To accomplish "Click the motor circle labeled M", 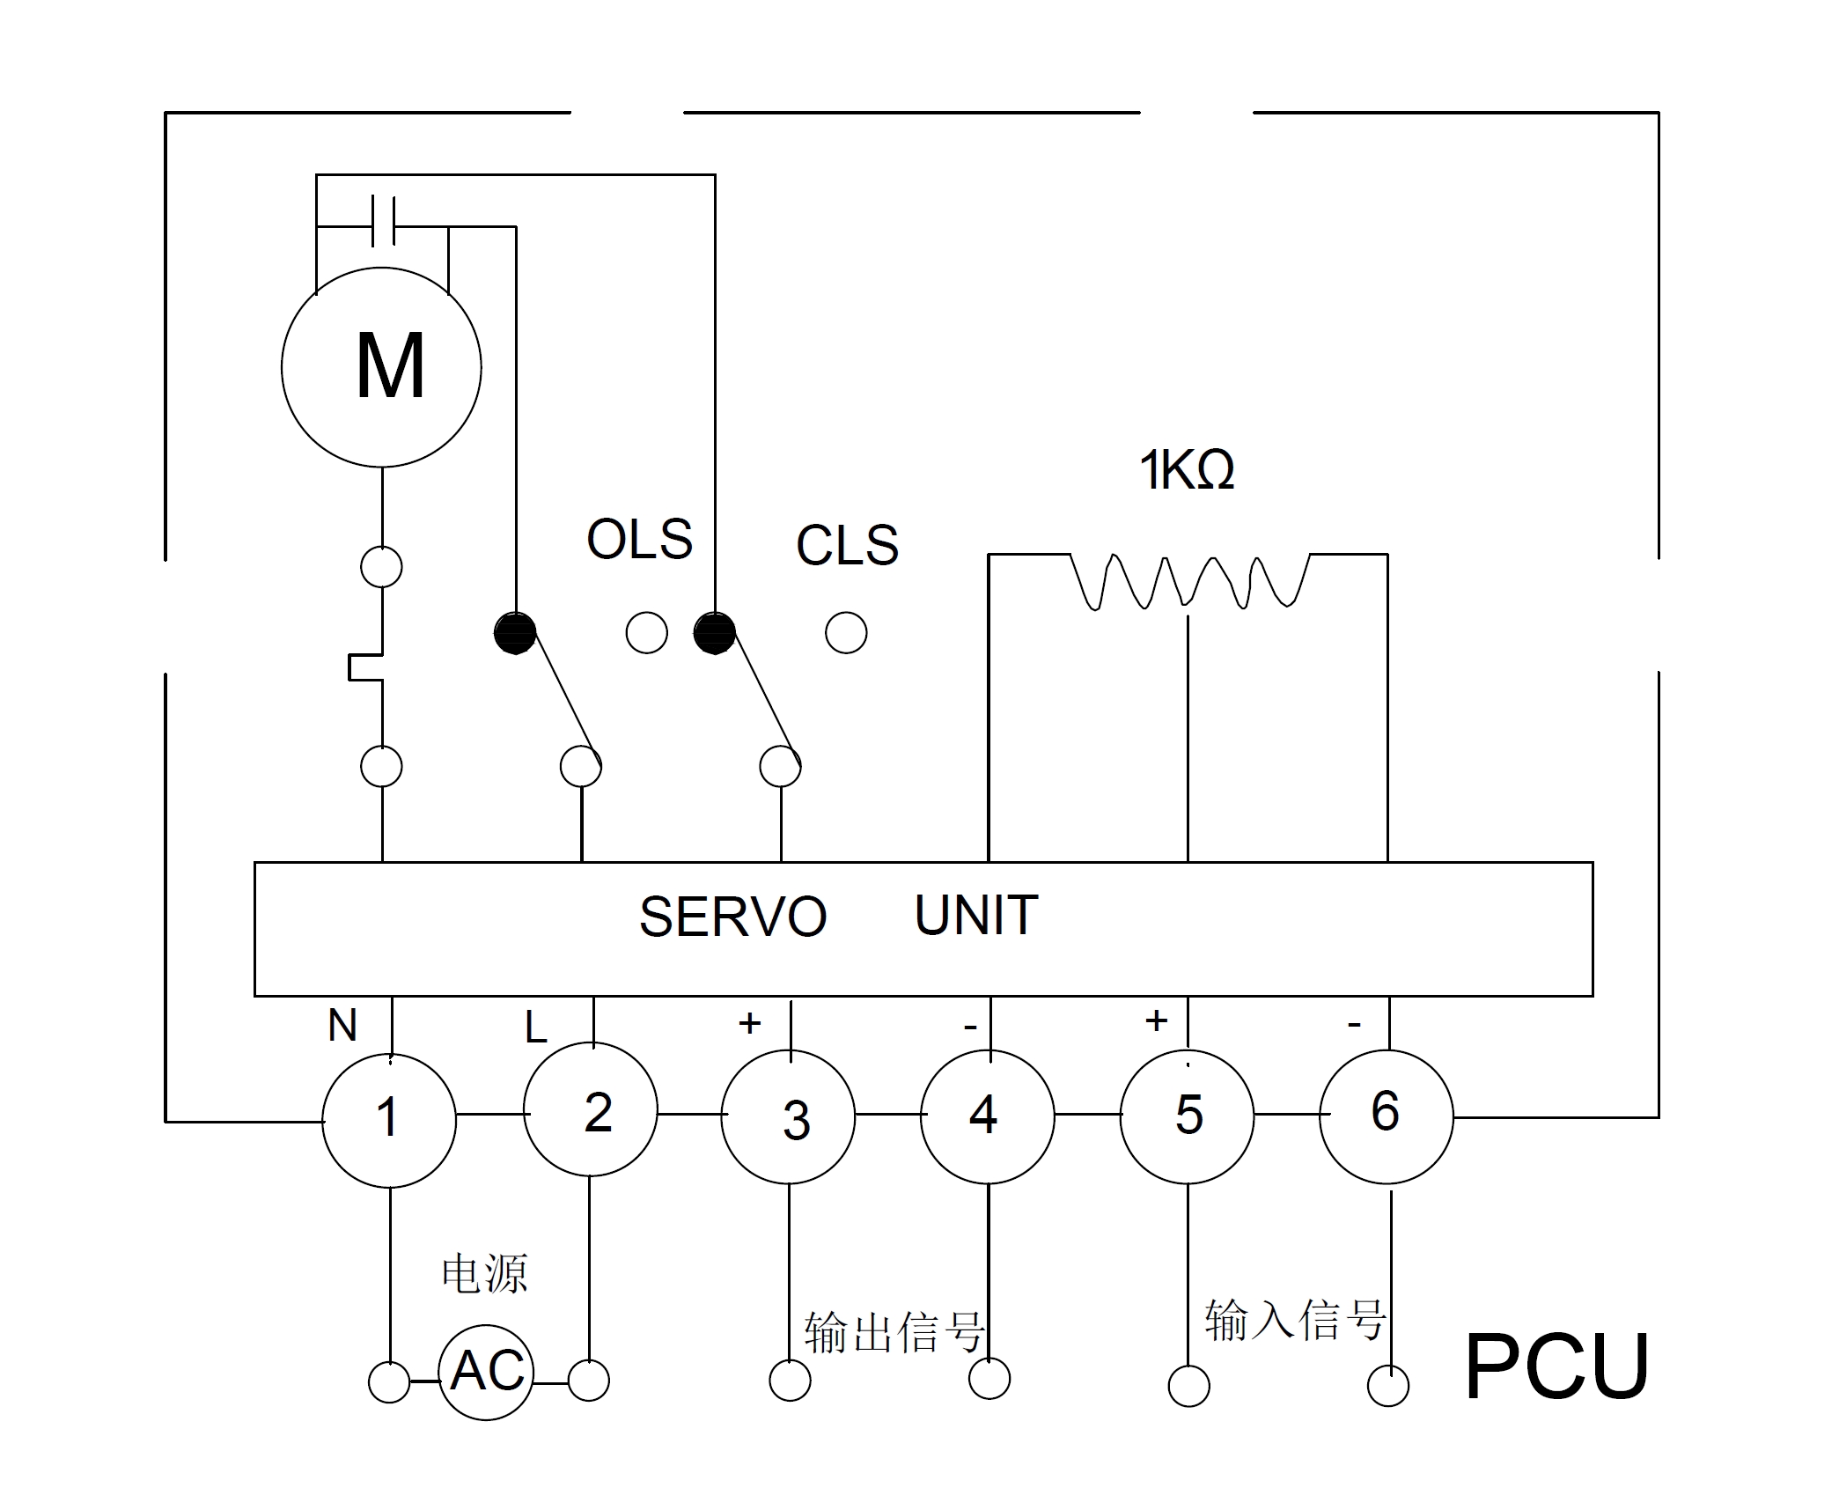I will [381, 367].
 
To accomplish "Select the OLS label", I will [640, 540].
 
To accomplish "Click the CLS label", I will [847, 546].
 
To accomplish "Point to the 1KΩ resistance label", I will [1187, 470].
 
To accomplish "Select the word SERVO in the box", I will [732, 917].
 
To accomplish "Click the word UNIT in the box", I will [976, 916].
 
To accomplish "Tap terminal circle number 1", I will [389, 1120].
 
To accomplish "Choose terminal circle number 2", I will [590, 1109].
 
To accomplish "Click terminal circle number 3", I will [788, 1118].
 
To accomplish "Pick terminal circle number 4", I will [987, 1116].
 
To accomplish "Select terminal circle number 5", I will [1187, 1116].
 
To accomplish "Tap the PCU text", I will [1556, 1367].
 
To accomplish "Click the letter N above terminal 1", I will [342, 1026].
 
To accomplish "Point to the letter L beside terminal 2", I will [535, 1028].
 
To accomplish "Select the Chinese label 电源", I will [484, 1274].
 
